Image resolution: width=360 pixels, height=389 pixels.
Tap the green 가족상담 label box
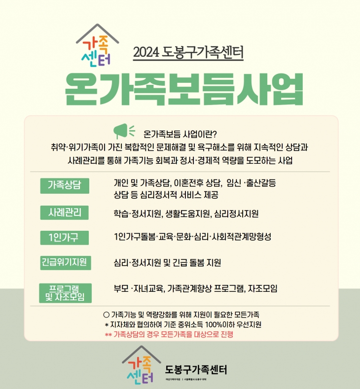pos(65,185)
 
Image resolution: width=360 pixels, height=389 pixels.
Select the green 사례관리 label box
pos(65,212)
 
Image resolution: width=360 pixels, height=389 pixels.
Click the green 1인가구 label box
pos(65,238)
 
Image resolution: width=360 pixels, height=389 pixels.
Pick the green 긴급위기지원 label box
pos(65,262)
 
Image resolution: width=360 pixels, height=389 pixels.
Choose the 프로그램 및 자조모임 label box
pos(65,292)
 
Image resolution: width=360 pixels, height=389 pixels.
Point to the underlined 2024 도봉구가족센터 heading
pos(188,52)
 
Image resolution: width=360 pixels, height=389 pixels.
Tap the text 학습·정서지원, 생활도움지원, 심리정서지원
pos(186,214)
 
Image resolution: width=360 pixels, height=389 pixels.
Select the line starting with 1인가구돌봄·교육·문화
pos(192,237)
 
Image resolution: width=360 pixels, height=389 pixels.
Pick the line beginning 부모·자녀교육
pos(195,288)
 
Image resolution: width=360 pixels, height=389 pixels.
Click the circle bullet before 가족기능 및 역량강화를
pos(106,314)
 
